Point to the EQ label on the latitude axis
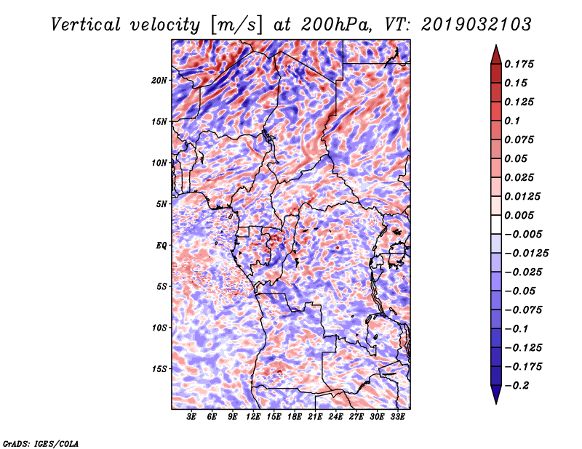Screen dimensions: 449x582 [x=162, y=246]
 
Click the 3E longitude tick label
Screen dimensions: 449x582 [x=192, y=418]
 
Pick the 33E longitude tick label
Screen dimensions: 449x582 [x=397, y=418]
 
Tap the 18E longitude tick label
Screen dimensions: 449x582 [x=294, y=418]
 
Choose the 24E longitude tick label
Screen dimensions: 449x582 [x=335, y=418]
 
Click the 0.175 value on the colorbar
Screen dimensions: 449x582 [x=521, y=64]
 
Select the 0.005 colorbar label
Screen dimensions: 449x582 [x=521, y=216]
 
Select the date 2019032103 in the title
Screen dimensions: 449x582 [x=470, y=25]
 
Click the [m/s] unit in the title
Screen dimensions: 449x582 [x=235, y=25]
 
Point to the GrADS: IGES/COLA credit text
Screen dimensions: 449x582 [x=41, y=442]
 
